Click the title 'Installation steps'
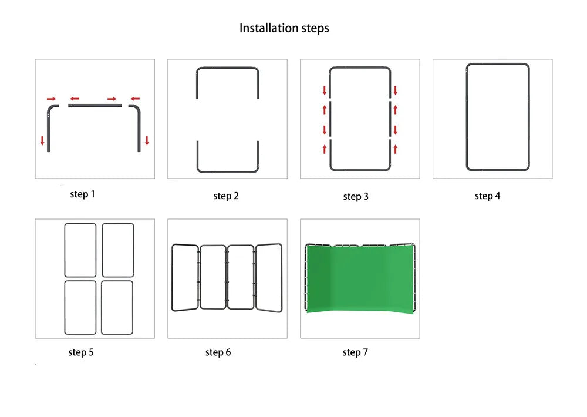coord(284,28)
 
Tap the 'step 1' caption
coord(82,194)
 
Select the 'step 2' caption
coord(226,196)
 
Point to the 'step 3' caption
coord(356,196)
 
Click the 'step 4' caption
coord(487,196)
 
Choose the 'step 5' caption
coord(81,352)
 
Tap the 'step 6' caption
coord(218,352)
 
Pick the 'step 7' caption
coord(355,352)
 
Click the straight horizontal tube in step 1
coord(95,106)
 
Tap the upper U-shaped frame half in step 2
coord(227,69)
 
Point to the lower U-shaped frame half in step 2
coord(227,171)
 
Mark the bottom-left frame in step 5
coord(65,307)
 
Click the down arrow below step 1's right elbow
coord(147,140)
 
